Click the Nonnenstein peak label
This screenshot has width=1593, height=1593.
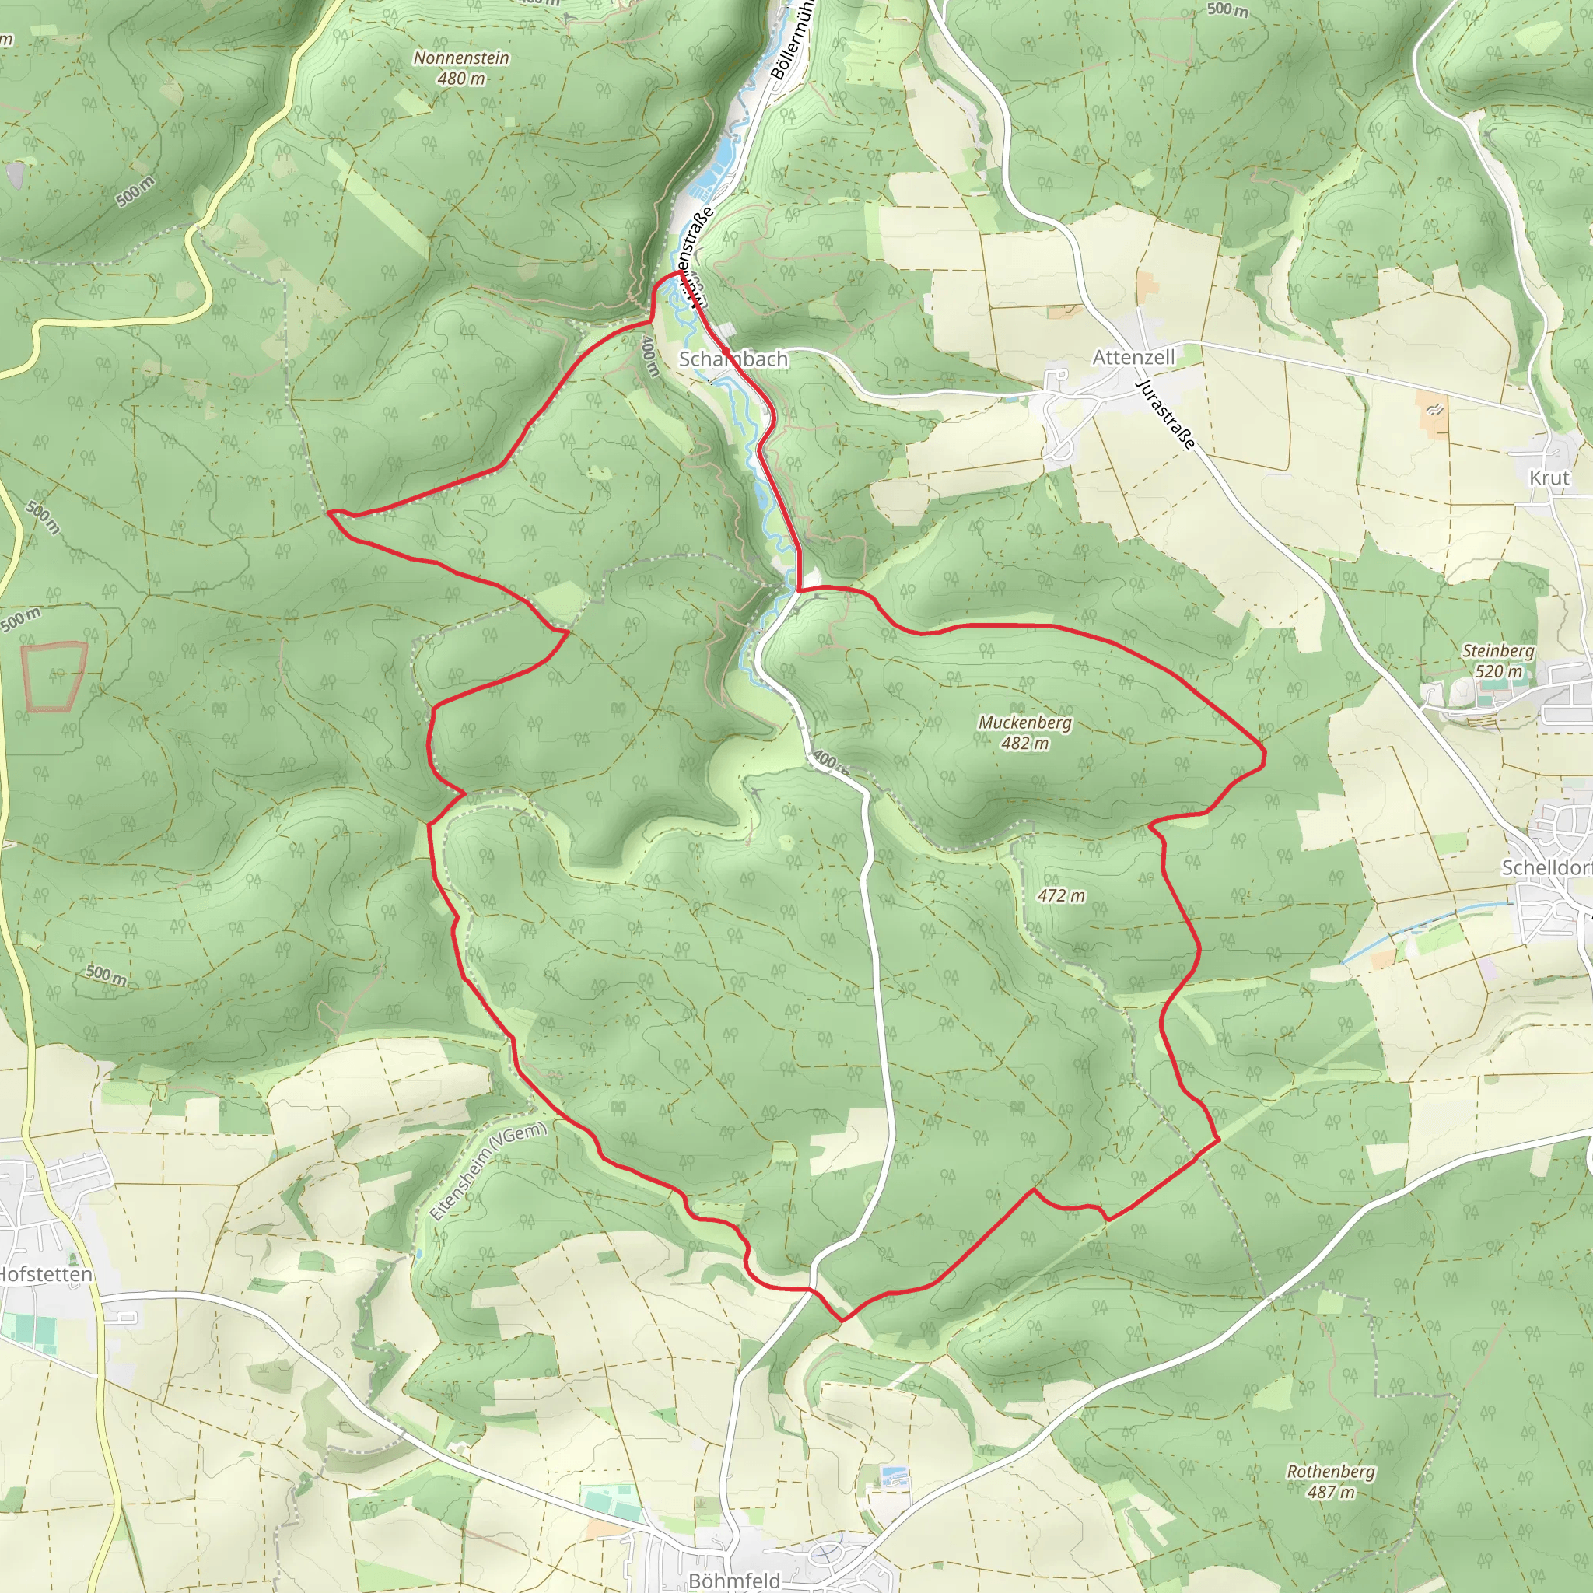tap(461, 68)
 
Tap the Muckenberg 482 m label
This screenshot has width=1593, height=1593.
tap(1025, 733)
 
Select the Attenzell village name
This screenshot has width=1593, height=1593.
tap(1133, 357)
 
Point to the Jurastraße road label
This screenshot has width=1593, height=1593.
tap(1165, 414)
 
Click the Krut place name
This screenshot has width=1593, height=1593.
tap(1549, 478)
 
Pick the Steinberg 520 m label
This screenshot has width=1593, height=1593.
tap(1498, 660)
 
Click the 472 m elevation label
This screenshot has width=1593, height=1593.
tap(1061, 895)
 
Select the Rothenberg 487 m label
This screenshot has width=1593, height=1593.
tap(1331, 1482)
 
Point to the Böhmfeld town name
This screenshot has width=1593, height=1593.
tap(733, 1581)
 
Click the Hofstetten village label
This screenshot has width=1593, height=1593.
tap(46, 1275)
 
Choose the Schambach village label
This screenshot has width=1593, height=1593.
tap(733, 359)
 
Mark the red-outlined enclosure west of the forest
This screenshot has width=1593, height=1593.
tap(54, 676)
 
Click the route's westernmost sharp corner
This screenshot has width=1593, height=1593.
tap(330, 513)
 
